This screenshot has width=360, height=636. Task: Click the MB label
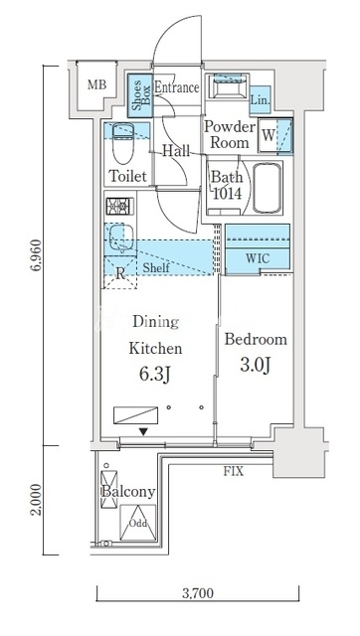(x=97, y=84)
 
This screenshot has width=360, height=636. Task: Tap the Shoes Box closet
(x=140, y=92)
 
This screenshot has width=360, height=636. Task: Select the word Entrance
(x=177, y=87)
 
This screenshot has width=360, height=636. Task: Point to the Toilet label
(x=128, y=176)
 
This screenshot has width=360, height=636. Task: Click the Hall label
(x=176, y=151)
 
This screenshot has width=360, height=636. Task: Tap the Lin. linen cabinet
(x=260, y=99)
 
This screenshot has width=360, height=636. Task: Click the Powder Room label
(x=229, y=135)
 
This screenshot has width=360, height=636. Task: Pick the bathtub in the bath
(x=268, y=188)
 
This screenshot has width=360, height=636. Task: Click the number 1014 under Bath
(x=227, y=194)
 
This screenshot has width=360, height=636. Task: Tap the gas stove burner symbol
(x=119, y=206)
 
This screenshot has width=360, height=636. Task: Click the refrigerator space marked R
(x=120, y=273)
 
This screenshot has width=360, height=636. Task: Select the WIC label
(x=258, y=258)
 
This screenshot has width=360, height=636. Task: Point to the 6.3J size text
(x=155, y=376)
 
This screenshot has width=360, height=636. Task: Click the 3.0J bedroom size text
(x=256, y=366)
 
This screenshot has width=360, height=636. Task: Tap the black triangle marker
(x=143, y=432)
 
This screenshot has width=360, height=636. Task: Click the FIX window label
(x=234, y=471)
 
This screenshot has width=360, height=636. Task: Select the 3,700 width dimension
(x=198, y=593)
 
